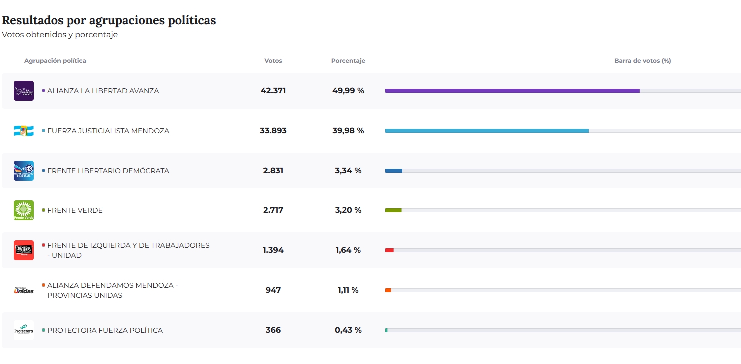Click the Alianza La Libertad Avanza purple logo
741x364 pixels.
tap(24, 91)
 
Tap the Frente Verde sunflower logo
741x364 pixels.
tap(24, 210)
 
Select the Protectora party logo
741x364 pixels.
tap(24, 330)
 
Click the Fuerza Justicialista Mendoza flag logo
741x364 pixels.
tap(24, 131)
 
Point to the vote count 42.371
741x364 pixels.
tap(273, 91)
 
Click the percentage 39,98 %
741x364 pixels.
tap(348, 131)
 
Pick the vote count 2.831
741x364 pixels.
tap(273, 171)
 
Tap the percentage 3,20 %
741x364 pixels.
tap(348, 210)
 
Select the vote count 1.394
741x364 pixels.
tap(273, 250)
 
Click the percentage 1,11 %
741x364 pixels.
tap(348, 290)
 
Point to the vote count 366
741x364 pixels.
tap(273, 330)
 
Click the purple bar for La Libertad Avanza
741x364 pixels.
tap(512, 91)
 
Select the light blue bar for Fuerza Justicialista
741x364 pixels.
tap(487, 131)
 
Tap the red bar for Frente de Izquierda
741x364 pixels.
tap(389, 250)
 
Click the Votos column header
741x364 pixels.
tap(273, 61)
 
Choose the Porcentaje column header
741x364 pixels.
tap(348, 61)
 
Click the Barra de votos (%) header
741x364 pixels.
tap(643, 61)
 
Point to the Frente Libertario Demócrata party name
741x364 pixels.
tap(108, 171)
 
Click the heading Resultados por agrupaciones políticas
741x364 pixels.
tap(109, 20)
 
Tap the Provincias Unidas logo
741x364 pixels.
tap(24, 290)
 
